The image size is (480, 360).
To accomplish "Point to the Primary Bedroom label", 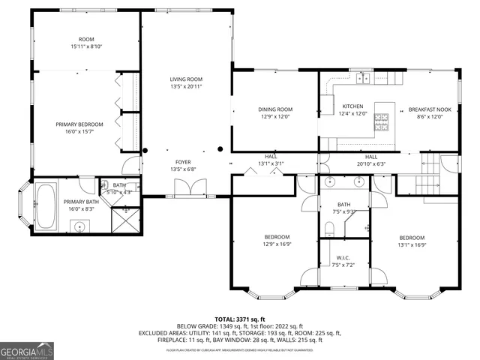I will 79,124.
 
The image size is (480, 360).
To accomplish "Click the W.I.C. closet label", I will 345,258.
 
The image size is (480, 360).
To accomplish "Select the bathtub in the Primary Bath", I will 46,207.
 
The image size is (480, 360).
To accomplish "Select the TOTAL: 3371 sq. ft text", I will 240,318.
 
